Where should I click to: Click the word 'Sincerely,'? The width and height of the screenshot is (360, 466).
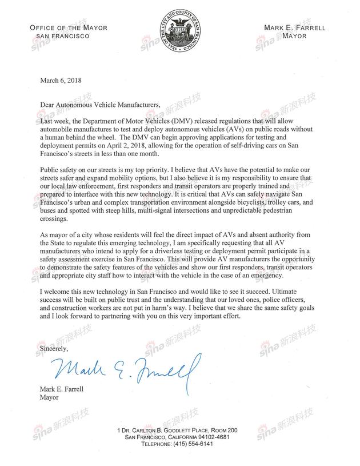[54, 348]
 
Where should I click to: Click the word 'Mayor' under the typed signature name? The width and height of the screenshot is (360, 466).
[50, 399]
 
